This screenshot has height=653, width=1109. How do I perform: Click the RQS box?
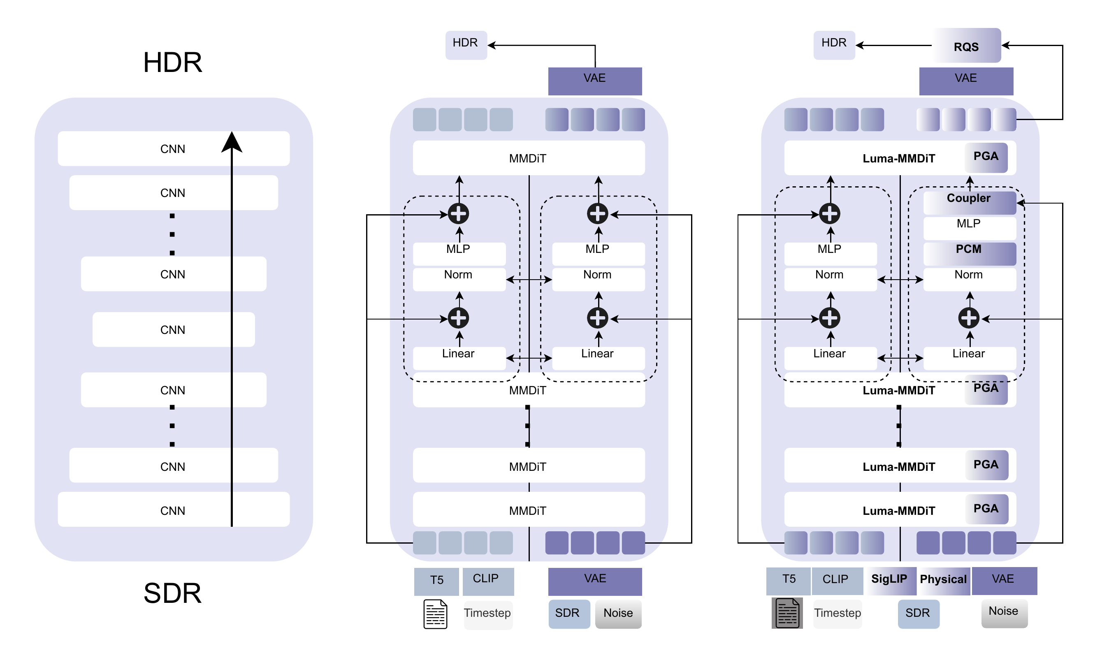point(966,46)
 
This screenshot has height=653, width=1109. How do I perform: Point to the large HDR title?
point(172,62)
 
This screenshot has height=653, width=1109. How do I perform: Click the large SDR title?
point(172,593)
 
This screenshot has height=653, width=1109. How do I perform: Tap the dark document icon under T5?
point(787,613)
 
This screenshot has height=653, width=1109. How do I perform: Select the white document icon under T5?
point(435,614)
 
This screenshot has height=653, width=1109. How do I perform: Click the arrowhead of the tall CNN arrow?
point(232,142)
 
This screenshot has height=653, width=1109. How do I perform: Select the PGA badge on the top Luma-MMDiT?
point(986,157)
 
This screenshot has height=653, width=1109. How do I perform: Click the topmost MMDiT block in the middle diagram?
point(528,158)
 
